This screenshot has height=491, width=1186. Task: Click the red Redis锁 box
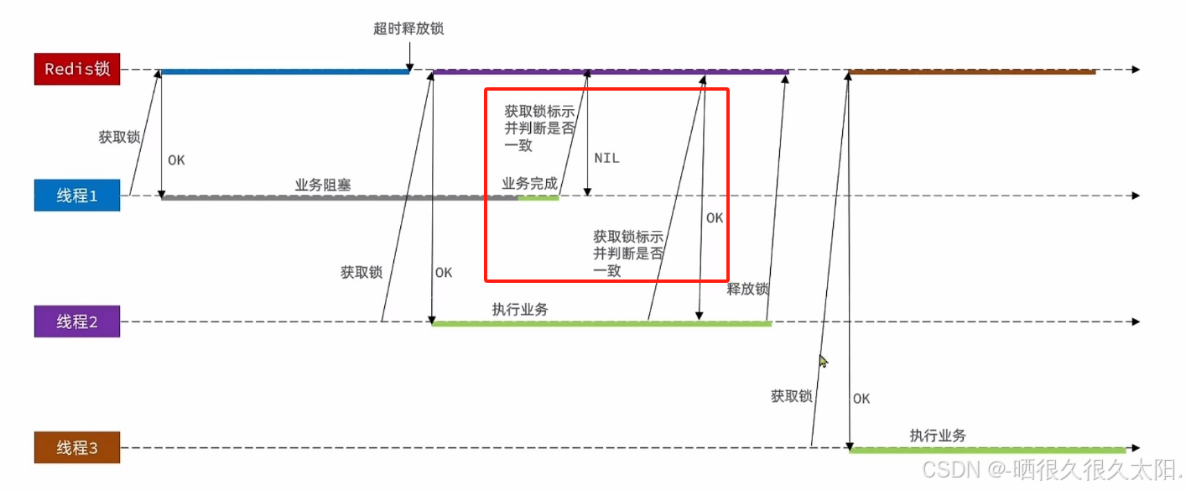point(77,69)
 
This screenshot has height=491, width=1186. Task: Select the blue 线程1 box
point(77,196)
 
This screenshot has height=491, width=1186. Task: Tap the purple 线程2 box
point(77,321)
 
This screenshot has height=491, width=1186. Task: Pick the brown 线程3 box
point(77,447)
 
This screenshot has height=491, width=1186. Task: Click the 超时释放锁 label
point(408,29)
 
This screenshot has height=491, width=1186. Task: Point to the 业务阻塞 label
point(323,185)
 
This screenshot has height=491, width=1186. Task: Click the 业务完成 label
point(529,184)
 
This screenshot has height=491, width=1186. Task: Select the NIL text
point(606,158)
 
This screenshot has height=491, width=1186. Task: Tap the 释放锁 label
point(748,290)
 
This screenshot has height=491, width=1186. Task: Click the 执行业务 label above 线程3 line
point(938,436)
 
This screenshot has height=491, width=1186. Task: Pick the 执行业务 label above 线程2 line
point(520,310)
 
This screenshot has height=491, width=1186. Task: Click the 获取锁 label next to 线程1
point(119,137)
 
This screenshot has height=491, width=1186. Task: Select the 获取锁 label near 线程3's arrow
point(792,396)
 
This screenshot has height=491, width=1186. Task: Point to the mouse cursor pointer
point(824,361)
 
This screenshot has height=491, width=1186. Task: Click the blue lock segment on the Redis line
point(285,72)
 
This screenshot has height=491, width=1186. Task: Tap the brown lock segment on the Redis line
point(973,72)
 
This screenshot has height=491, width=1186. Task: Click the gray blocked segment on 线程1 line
point(336,198)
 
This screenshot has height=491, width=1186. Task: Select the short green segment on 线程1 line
point(538,198)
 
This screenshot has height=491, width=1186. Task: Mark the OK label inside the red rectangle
point(715,218)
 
